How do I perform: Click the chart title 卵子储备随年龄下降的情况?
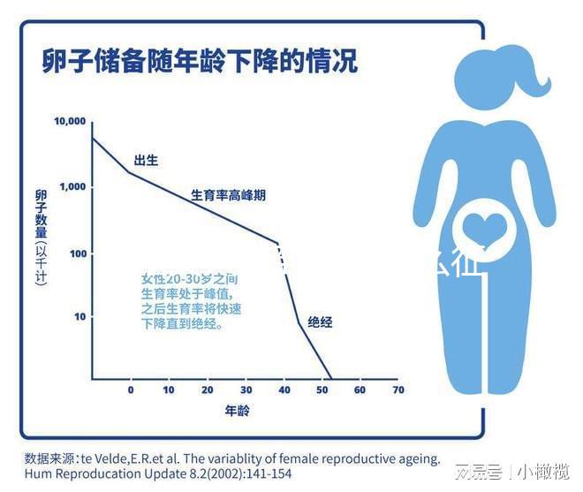click(201, 62)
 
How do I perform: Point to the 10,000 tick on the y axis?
click(69, 121)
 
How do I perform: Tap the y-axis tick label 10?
click(79, 316)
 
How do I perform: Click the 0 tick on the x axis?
click(131, 390)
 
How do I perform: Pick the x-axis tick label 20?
click(207, 390)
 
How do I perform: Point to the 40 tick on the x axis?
click(284, 390)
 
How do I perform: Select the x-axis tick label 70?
click(397, 390)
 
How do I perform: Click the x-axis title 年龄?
click(237, 412)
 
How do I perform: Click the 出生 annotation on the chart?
click(146, 160)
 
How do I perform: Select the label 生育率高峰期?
click(228, 195)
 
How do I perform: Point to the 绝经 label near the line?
click(320, 322)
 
